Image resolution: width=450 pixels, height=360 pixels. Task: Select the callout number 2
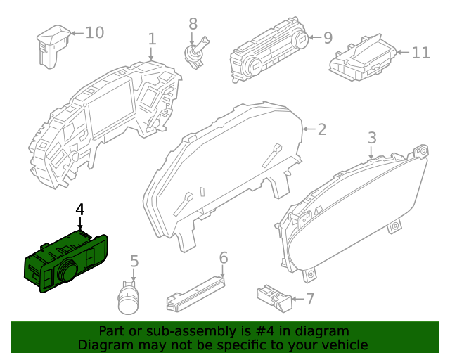[321, 129]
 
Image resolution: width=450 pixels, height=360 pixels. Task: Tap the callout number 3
[373, 137]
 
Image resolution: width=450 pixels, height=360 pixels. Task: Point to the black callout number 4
[80, 210]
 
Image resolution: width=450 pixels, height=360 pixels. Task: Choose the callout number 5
[134, 262]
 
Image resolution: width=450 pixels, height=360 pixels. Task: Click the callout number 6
[224, 257]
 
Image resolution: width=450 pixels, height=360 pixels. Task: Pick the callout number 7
[309, 299]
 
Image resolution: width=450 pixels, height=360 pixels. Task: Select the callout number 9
[328, 37]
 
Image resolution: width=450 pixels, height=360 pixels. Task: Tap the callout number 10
[94, 32]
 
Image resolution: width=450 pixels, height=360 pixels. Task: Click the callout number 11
[420, 52]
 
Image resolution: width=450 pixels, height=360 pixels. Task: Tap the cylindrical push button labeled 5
[129, 297]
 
